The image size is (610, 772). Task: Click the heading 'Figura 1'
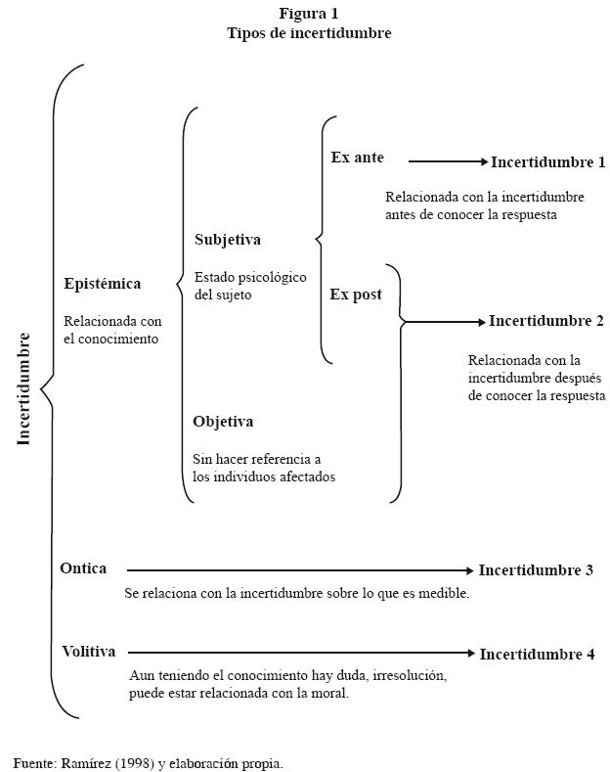309,14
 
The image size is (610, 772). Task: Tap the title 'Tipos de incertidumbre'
309,32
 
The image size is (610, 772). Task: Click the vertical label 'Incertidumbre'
24,389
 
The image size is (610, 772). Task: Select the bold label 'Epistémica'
103,284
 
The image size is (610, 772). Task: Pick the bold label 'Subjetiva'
228,240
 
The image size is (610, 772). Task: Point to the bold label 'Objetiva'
223,422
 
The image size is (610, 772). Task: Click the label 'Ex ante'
358,158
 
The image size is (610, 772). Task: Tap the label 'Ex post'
356,295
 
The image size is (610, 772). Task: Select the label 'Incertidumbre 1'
548,162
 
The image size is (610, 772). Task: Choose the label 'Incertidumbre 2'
546,321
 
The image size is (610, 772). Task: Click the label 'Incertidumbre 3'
536,570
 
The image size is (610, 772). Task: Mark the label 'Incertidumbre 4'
537,655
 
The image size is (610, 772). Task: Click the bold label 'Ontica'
83,568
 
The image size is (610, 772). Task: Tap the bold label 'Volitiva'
89,652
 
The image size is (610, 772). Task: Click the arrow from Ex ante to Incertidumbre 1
447,161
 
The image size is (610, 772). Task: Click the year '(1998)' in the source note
134,762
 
